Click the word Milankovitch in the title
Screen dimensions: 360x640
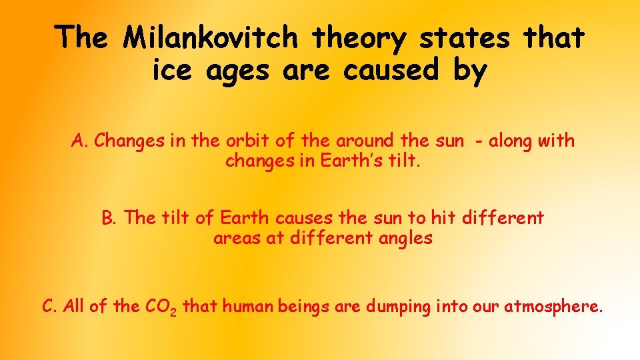coord(213,38)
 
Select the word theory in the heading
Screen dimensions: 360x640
coord(360,39)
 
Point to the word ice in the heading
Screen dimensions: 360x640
coord(169,70)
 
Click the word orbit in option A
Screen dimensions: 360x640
coord(241,141)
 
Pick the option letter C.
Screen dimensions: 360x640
coord(49,307)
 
